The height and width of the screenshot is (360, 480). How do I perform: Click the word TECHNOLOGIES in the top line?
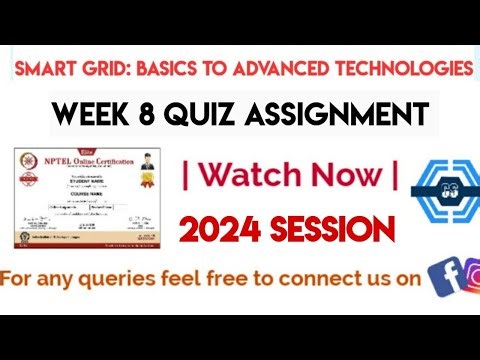click(x=404, y=69)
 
